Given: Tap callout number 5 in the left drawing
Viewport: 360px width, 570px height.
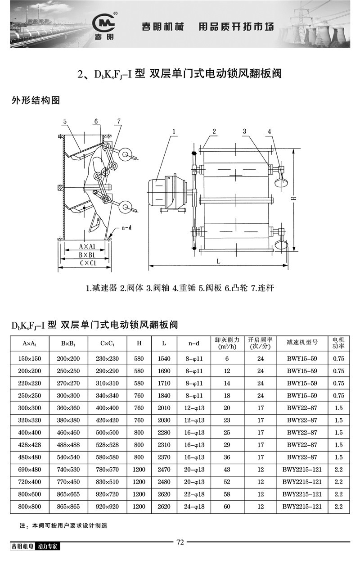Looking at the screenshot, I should pyautogui.click(x=65, y=122).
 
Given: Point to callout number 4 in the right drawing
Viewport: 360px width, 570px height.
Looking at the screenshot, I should pyautogui.click(x=269, y=131).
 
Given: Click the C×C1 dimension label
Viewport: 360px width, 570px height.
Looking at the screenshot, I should pyautogui.click(x=85, y=263).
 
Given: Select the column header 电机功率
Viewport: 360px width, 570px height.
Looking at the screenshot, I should pyautogui.click(x=338, y=343).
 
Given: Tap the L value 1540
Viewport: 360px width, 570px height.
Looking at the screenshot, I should pyautogui.click(x=164, y=359).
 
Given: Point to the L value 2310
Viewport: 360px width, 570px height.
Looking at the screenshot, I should pyautogui.click(x=164, y=445).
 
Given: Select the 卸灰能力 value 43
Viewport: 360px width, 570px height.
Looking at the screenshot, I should pyautogui.click(x=227, y=470).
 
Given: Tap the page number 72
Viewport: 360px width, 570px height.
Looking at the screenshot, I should pyautogui.click(x=180, y=542).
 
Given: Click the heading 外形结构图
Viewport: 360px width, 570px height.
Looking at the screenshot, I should pyautogui.click(x=36, y=100).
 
